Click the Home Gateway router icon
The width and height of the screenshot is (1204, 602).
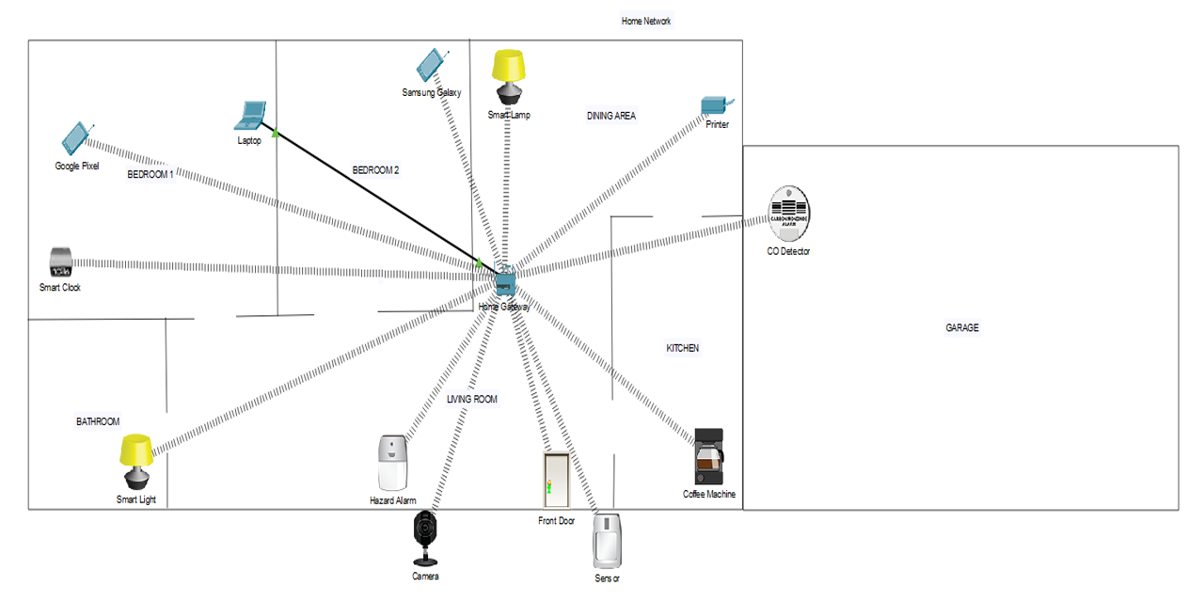click(505, 279)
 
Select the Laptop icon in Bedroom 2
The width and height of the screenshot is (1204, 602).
click(251, 115)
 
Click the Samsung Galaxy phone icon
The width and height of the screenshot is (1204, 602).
click(430, 65)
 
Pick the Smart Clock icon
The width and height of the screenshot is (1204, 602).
click(61, 261)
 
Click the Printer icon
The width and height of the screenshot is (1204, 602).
click(715, 104)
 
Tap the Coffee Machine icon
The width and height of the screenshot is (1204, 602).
click(708, 457)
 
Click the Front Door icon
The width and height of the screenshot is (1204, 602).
click(556, 481)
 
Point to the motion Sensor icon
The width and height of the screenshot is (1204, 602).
click(608, 540)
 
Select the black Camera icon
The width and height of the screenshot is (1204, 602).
click(425, 537)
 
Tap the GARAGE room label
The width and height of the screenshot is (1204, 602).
click(961, 328)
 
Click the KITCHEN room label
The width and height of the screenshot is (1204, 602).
click(682, 348)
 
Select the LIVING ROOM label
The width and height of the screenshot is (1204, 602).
click(471, 400)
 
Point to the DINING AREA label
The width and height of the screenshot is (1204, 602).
click(610, 116)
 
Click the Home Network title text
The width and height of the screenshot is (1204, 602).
click(646, 21)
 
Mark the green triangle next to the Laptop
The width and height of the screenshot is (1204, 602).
click(275, 134)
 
